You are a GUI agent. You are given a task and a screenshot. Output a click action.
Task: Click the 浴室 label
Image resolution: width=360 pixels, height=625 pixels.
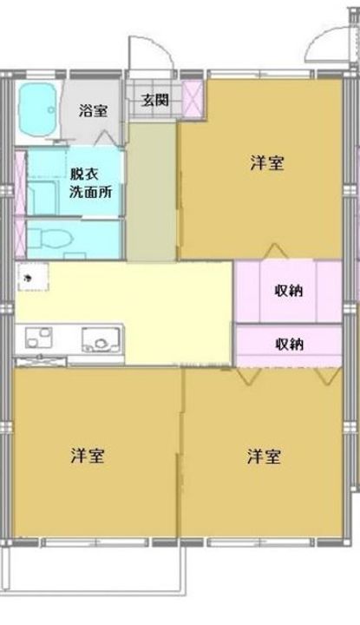(x=93, y=110)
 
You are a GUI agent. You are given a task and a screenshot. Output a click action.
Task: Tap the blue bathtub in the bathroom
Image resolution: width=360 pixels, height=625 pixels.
(x=38, y=110)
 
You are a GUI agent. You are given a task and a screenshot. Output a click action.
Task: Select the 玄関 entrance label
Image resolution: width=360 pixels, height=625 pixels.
(x=155, y=99)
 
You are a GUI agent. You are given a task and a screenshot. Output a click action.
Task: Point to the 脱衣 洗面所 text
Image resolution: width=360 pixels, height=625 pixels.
(x=84, y=183)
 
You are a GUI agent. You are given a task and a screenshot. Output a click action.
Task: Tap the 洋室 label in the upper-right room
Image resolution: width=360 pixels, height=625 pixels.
(x=267, y=162)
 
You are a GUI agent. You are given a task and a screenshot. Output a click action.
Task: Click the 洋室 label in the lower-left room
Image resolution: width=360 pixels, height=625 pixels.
(x=88, y=456)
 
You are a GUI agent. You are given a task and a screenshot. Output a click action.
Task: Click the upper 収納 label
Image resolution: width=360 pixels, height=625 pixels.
(x=289, y=290)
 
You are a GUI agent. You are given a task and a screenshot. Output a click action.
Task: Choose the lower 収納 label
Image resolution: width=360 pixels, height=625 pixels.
(x=289, y=343)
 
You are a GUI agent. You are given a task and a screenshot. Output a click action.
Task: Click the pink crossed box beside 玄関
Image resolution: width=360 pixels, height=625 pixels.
(x=193, y=98)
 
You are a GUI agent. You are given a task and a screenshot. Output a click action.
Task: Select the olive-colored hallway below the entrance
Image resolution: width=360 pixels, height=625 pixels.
(x=152, y=191)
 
